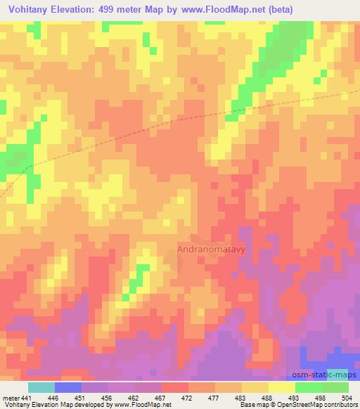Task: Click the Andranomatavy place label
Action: [x=210, y=248]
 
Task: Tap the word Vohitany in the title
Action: [x=30, y=9]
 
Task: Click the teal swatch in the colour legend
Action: [x=41, y=387]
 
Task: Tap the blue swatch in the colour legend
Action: [x=68, y=387]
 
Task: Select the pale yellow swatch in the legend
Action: [x=281, y=387]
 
